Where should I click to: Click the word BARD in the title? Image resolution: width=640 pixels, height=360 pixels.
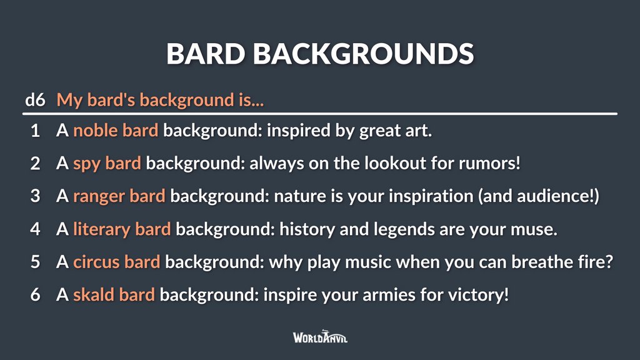tap(206, 54)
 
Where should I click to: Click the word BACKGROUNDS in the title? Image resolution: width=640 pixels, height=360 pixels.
tap(363, 54)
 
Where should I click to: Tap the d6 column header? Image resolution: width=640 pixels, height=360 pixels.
tap(35, 100)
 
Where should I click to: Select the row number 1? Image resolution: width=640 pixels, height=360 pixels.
tap(36, 131)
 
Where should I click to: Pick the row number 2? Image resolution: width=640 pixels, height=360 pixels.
tap(36, 164)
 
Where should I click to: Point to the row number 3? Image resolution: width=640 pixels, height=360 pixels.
tap(36, 196)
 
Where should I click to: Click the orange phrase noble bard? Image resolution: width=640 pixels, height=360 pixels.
tap(116, 131)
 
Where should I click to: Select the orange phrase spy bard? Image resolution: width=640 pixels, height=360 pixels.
tap(107, 164)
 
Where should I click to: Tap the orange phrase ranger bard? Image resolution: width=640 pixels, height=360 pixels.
tap(119, 196)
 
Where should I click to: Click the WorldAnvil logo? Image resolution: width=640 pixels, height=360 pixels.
tap(320, 337)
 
